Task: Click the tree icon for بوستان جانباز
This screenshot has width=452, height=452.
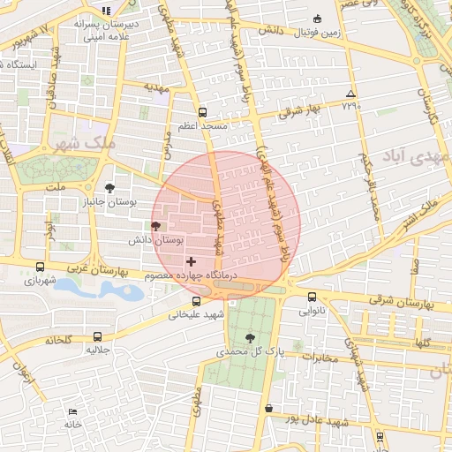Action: [109, 188]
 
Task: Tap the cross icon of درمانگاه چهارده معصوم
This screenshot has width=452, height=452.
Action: [191, 262]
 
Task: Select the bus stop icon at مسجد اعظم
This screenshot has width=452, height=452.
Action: [202, 112]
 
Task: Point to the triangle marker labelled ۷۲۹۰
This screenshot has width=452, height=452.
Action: [350, 94]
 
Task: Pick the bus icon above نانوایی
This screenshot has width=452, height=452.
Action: [313, 297]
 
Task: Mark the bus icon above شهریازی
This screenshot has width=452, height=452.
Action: [40, 267]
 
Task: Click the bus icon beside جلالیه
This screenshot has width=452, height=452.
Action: [96, 335]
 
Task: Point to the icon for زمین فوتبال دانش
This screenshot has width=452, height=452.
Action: [318, 18]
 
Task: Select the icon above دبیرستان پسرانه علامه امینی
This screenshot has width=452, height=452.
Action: [107, 11]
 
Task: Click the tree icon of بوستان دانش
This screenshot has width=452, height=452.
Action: [156, 226]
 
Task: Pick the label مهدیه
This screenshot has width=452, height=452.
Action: [155, 88]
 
